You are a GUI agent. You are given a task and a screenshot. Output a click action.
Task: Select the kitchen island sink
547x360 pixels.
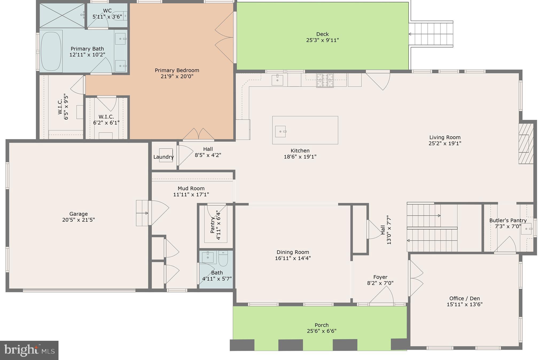coord(280,131)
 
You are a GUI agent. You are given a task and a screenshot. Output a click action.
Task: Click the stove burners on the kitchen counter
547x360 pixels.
coord(325,80)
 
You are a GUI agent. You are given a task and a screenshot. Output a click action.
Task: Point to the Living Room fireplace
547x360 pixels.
coord(526,143)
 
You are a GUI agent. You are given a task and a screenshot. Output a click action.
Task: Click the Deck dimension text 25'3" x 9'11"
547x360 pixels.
coord(322,40)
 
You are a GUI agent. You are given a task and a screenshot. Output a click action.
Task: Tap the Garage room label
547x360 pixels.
coord(78,214)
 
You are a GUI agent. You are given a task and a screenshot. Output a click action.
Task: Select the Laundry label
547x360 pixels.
coord(163,157)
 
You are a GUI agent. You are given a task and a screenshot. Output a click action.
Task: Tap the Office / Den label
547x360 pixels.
coord(464,299)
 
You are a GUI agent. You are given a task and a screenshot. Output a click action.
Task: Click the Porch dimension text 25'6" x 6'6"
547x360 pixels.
coord(322,331)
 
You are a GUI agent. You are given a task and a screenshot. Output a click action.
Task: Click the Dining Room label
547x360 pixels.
coord(293,252)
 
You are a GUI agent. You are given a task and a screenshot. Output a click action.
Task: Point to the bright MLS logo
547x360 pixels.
coord(29,350)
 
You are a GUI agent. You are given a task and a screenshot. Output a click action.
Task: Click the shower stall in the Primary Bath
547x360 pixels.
coord(62,15)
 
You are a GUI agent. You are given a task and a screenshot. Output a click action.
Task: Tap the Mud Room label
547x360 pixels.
coord(191,189)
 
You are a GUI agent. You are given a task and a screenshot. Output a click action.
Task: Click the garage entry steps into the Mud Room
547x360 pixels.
coord(142,213)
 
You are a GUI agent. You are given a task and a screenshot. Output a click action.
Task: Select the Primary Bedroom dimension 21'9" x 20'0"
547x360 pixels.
coord(177,77)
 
